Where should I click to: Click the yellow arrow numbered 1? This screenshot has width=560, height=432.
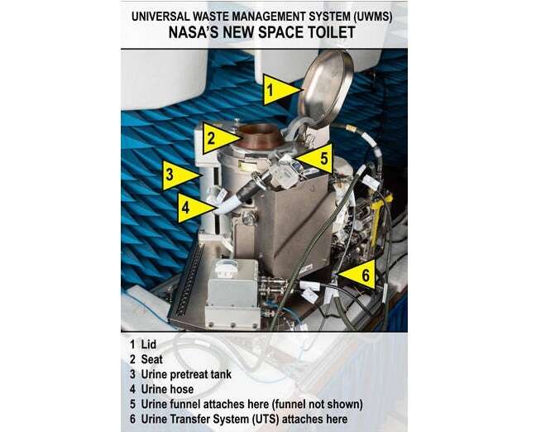280,89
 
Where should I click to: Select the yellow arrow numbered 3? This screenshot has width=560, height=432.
178,175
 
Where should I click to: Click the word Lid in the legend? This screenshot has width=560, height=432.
149,344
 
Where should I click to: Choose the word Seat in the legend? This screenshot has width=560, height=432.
151,359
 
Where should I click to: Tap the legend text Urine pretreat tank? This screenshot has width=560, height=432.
186,374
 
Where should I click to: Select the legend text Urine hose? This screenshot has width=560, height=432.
167,389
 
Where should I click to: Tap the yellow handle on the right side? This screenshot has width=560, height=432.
378,218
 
